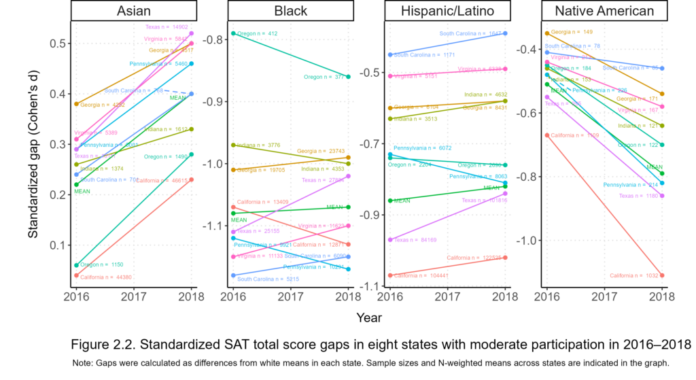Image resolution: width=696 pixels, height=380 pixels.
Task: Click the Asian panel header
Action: [134, 11]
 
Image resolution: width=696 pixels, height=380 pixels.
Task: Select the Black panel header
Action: [290, 11]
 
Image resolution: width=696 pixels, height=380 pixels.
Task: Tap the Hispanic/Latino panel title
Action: [447, 11]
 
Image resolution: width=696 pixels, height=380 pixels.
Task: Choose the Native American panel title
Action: [604, 11]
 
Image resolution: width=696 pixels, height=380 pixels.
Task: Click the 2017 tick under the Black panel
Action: [290, 296]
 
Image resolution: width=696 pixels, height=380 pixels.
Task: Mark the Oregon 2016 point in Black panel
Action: [232, 33]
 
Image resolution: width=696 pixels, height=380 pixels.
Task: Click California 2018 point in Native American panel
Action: [662, 275]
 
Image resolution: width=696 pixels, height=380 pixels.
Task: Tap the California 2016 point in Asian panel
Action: [76, 275]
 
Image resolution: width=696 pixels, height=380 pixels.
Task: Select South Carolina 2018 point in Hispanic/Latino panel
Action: [505, 33]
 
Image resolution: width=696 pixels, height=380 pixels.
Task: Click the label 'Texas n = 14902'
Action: [167, 27]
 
